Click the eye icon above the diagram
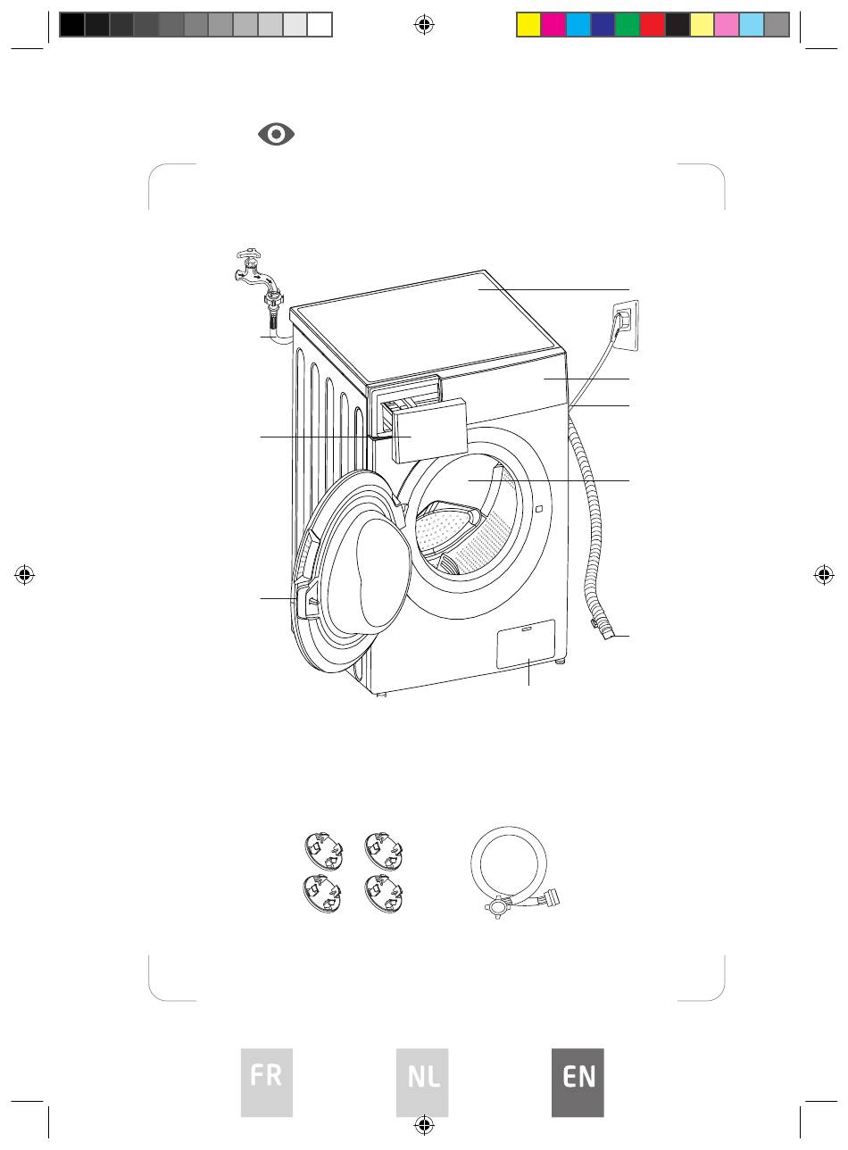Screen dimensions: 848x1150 (x=276, y=134)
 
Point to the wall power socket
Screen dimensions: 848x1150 (x=626, y=326)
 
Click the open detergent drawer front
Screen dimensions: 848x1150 (x=429, y=430)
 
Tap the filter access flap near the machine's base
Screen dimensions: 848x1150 (x=526, y=643)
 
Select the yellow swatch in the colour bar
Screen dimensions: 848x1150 (x=528, y=25)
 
